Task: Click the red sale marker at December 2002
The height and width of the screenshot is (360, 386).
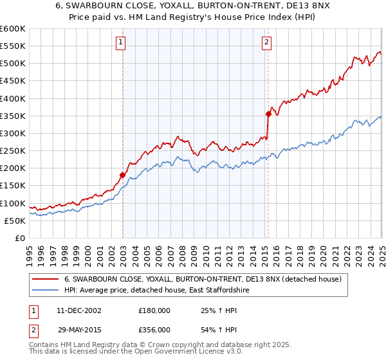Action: [x=122, y=175]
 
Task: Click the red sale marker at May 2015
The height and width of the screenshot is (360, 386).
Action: [x=268, y=114]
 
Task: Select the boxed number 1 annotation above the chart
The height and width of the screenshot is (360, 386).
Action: [x=121, y=43]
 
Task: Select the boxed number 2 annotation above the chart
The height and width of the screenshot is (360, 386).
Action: [x=266, y=43]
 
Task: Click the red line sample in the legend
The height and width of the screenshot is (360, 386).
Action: [x=47, y=280]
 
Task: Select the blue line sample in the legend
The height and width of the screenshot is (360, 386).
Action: [x=47, y=291]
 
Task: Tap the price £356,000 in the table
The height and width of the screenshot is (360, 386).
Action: [x=154, y=329]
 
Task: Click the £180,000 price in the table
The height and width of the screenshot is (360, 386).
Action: [x=154, y=310]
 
